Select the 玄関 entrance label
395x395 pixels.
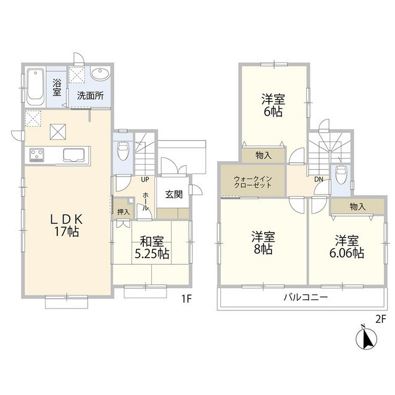click(173, 194)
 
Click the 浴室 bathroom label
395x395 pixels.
click(57, 87)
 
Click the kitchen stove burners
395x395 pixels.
click(35, 154)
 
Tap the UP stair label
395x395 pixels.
click(146, 180)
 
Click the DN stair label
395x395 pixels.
click(319, 179)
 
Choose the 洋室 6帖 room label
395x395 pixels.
click(272, 104)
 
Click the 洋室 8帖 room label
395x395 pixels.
click(262, 243)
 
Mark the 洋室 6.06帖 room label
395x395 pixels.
click(349, 246)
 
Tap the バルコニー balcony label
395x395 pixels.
click(306, 297)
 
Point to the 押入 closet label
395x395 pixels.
click(123, 212)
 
